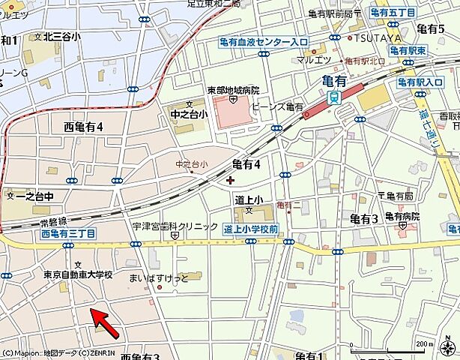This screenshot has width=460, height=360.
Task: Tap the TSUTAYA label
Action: (x=376, y=37)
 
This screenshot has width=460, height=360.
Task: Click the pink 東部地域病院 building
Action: (x=233, y=112)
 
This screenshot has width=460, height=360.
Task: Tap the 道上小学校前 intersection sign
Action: (x=251, y=229)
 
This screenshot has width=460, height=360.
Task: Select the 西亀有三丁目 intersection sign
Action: (x=68, y=234)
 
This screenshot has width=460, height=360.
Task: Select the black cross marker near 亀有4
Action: (x=229, y=178)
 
